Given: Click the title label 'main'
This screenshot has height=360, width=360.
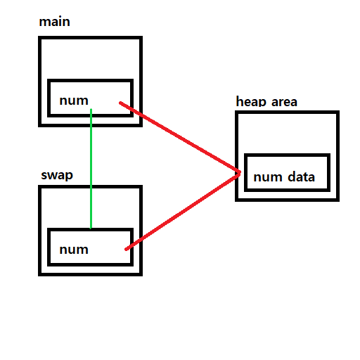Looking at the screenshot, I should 54,22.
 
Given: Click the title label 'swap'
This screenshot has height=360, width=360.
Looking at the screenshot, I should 56,175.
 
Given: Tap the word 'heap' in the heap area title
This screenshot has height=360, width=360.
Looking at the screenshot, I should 250,102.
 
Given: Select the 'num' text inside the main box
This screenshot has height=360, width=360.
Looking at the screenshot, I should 74,100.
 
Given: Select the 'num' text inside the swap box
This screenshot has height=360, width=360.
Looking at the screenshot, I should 74,249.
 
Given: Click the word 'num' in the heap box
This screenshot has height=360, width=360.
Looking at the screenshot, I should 267,176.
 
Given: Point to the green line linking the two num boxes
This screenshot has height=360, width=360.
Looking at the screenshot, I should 91,169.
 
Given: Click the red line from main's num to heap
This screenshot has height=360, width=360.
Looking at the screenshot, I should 179,138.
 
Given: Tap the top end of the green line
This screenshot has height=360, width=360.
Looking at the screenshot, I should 91,110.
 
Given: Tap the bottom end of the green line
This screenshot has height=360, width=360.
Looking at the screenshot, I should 91,227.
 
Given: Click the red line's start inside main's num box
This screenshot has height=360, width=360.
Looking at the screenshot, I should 122,105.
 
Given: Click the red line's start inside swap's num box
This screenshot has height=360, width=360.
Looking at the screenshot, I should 126,248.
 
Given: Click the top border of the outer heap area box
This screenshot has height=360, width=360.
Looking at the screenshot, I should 287,112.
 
